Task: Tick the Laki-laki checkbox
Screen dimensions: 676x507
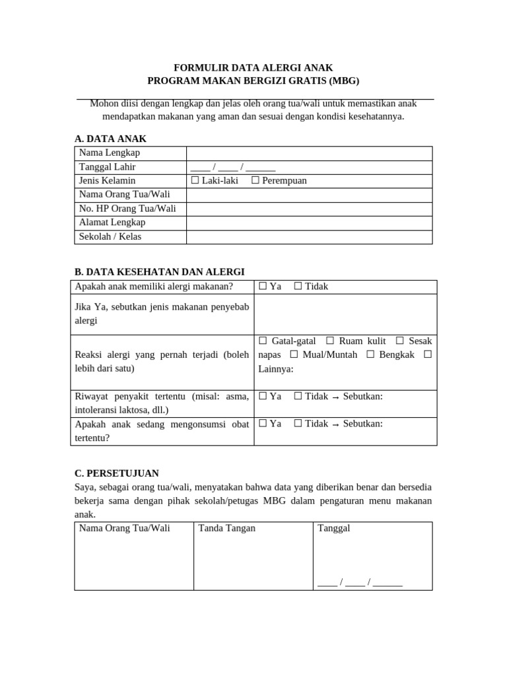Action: (x=195, y=181)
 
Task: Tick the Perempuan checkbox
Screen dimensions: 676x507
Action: (x=255, y=181)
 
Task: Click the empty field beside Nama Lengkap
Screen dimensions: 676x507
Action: (x=309, y=153)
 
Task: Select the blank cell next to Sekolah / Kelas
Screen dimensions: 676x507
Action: (x=309, y=237)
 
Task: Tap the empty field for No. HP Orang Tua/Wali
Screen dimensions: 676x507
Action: (x=309, y=209)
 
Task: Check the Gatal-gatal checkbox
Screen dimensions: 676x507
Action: (x=263, y=341)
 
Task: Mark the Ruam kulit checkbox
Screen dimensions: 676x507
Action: (x=330, y=341)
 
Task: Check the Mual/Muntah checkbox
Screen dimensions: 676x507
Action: (x=294, y=355)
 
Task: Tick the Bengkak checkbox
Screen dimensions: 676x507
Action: (x=370, y=355)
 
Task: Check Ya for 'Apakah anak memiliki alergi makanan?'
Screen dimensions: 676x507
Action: (x=263, y=287)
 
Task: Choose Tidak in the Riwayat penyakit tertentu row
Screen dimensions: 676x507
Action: (x=298, y=396)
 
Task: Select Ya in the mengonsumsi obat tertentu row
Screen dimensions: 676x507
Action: (x=263, y=424)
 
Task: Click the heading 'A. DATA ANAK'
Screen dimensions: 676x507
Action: (x=111, y=139)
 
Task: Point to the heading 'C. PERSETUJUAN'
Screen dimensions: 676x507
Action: (x=117, y=473)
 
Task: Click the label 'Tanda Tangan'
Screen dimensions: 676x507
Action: (x=227, y=528)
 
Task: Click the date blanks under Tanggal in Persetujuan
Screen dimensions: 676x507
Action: (x=360, y=582)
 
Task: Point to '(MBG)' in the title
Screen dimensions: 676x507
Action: (x=343, y=81)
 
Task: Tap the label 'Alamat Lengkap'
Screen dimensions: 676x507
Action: (x=112, y=222)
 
